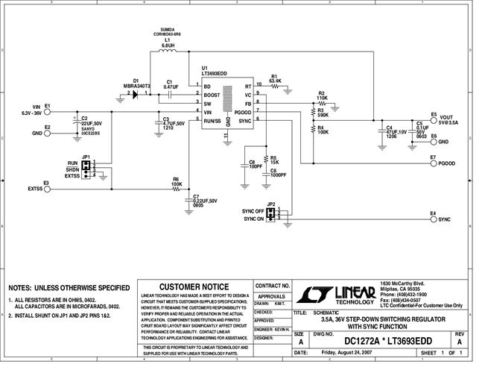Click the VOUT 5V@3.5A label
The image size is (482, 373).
click(x=448, y=121)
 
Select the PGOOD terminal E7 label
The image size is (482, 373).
click(x=447, y=162)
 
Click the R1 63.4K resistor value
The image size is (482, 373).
click(x=275, y=81)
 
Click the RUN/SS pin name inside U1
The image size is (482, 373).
click(x=212, y=119)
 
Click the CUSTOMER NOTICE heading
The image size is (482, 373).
click(x=194, y=286)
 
